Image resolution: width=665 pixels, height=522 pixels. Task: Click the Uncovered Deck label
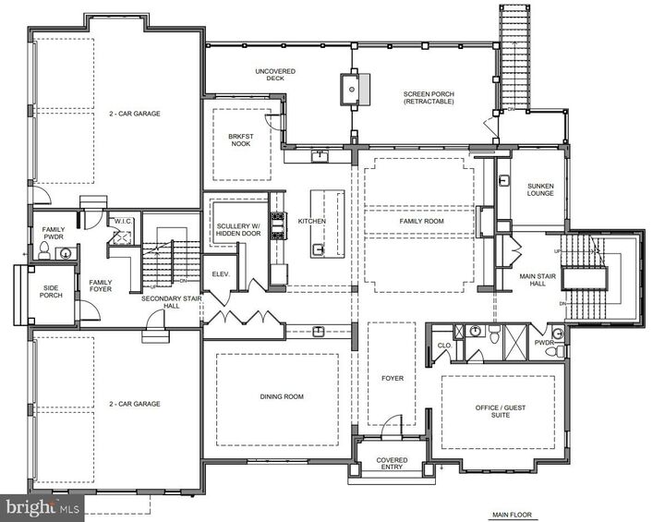pyautogui.click(x=275, y=76)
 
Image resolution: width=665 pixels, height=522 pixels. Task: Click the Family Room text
pyautogui.click(x=422, y=222)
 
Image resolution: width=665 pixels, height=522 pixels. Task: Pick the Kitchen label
pyautogui.click(x=311, y=222)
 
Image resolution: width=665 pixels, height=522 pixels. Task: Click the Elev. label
pyautogui.click(x=222, y=274)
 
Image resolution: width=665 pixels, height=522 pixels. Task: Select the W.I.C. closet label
pyautogui.click(x=122, y=221)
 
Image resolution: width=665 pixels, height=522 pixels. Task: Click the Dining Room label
pyautogui.click(x=281, y=397)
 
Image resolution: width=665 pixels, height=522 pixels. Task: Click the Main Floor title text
pyautogui.click(x=512, y=515)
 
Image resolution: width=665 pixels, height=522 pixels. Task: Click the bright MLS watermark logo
pyautogui.click(x=37, y=508)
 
